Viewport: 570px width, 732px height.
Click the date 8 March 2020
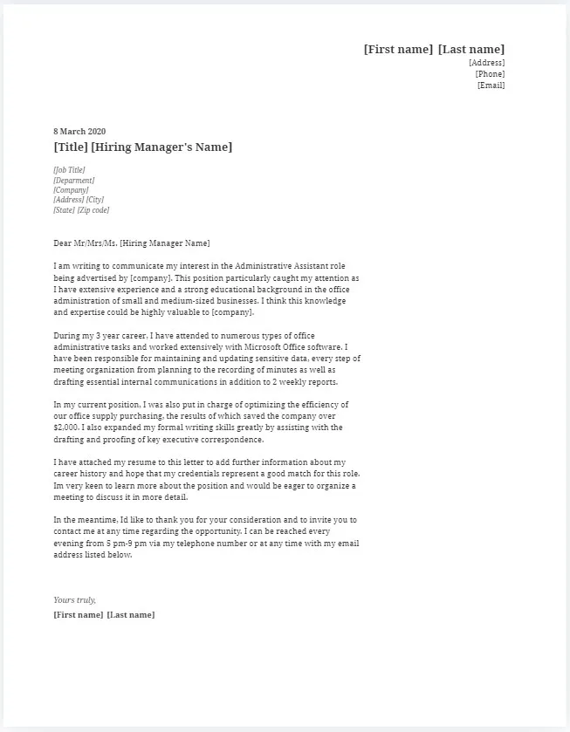[79, 132]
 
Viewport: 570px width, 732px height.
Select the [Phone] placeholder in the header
[490, 74]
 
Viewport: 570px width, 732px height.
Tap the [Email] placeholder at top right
[491, 86]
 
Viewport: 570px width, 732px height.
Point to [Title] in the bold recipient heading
[70, 147]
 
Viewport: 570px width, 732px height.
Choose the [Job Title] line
[69, 170]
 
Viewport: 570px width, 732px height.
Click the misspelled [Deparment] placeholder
[73, 181]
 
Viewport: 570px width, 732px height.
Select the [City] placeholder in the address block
[94, 201]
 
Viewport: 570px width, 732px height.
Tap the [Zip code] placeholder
[93, 210]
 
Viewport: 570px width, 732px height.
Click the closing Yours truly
[74, 600]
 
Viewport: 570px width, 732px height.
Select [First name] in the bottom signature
[78, 615]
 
